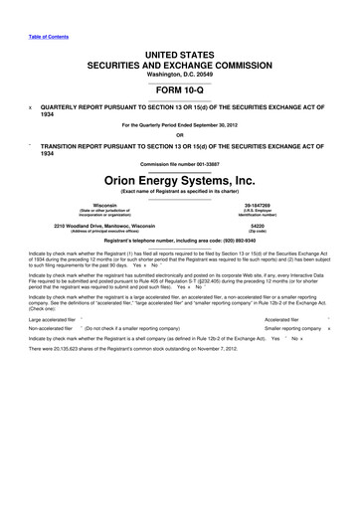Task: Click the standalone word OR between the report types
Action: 180,135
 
